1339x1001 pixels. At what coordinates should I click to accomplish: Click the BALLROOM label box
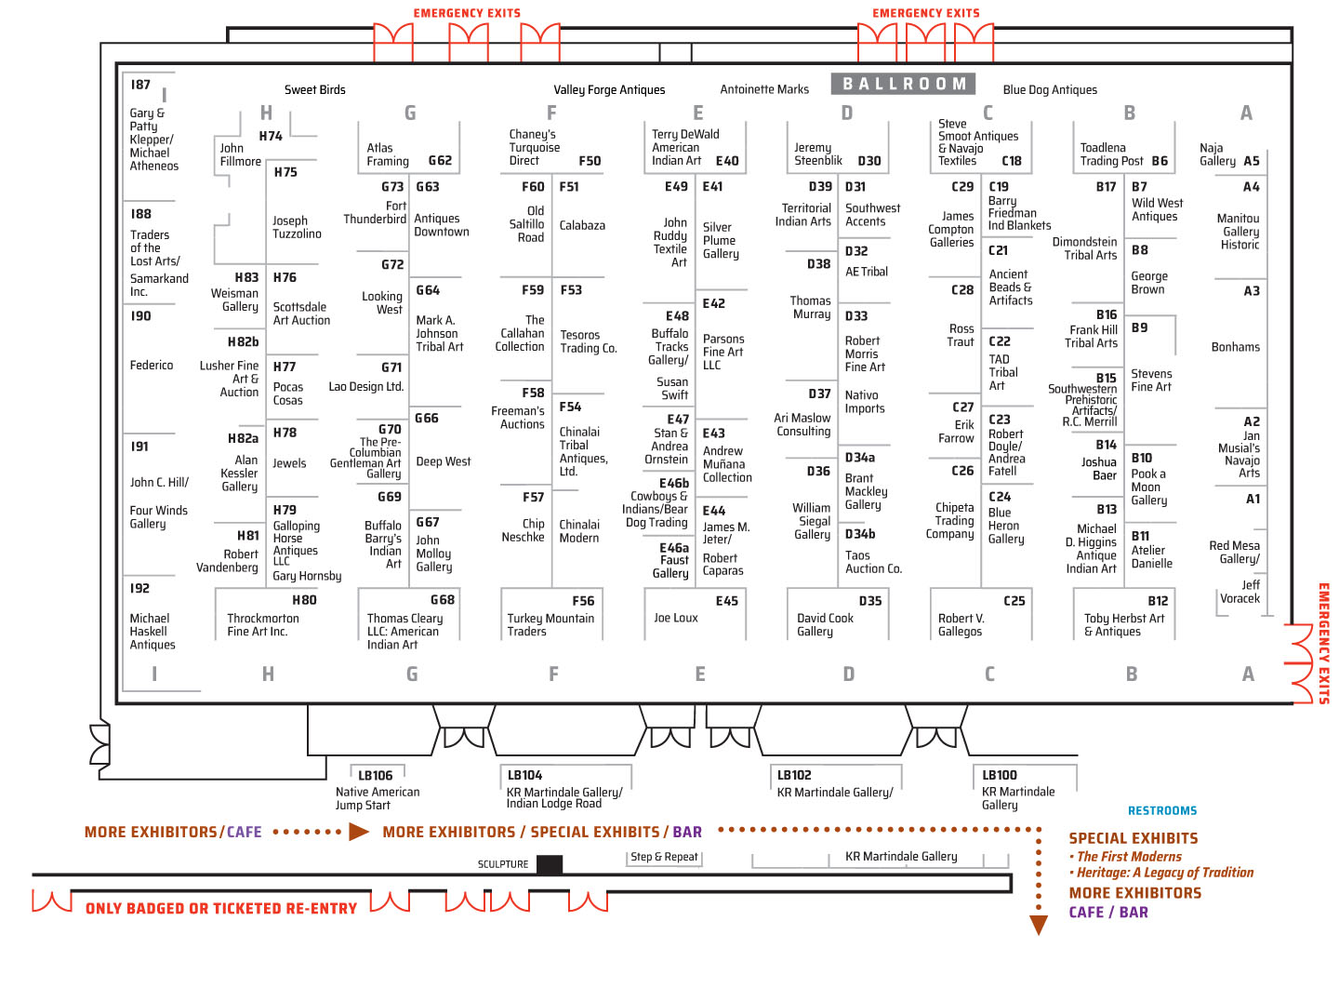[x=902, y=84]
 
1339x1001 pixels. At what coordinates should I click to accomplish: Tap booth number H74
[x=271, y=136]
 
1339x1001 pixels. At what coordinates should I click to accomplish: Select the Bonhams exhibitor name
[x=1235, y=347]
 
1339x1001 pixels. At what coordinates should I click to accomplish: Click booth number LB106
[x=375, y=775]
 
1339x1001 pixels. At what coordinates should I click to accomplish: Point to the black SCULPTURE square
[x=549, y=864]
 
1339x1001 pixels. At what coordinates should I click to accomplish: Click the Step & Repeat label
[x=664, y=857]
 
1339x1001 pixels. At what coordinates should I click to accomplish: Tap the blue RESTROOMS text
[x=1161, y=810]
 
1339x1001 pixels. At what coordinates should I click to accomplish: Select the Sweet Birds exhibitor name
[x=315, y=89]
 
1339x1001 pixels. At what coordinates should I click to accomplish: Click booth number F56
[x=583, y=601]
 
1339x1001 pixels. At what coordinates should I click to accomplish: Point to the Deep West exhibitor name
[x=443, y=461]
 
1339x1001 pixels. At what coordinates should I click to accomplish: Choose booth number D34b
[x=859, y=533]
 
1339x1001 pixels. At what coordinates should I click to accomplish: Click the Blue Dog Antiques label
[x=1049, y=89]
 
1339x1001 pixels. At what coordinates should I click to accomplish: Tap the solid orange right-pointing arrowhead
[x=359, y=832]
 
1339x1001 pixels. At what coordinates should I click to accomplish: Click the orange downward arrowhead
[x=1039, y=925]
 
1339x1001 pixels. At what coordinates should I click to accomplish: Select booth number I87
[x=140, y=85]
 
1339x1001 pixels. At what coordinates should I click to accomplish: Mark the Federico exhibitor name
[x=152, y=365]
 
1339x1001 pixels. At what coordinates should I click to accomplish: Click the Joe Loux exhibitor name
[x=675, y=618]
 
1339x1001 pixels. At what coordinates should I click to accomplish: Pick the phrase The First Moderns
[x=1128, y=857]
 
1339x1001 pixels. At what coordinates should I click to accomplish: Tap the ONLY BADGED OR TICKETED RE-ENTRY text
[x=220, y=908]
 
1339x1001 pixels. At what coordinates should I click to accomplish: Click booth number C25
[x=1014, y=601]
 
